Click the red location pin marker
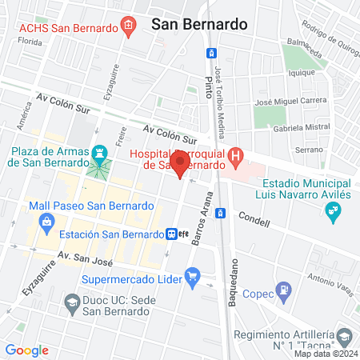pyautogui.click(x=181, y=166)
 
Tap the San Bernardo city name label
pyautogui.click(x=198, y=24)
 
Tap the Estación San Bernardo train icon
pyautogui.click(x=172, y=234)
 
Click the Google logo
pyautogui.click(x=26, y=350)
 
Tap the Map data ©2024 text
pyautogui.click(x=325, y=354)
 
